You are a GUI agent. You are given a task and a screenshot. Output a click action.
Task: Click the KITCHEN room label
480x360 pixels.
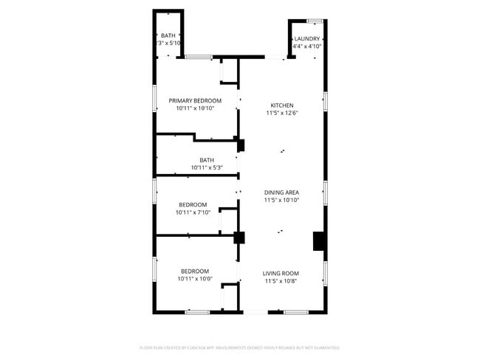tap(281, 105)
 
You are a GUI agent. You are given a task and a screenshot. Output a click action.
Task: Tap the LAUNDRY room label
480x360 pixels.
tap(306, 38)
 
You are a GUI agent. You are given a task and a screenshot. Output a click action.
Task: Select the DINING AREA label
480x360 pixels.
tap(281, 193)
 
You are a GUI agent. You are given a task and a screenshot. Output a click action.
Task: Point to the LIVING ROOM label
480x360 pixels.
tap(281, 273)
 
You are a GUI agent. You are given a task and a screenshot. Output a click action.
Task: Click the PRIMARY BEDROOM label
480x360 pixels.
tap(195, 100)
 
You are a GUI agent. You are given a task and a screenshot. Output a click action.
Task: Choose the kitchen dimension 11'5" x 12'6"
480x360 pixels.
tap(281, 113)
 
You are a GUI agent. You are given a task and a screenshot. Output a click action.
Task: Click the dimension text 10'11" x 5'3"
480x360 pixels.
tap(207, 167)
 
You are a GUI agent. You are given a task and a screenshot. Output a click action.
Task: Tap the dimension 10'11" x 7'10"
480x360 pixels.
tap(193, 212)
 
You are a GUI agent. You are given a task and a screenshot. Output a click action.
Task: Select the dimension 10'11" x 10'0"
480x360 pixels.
tap(195, 279)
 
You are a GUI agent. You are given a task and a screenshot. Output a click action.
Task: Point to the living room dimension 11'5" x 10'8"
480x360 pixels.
tap(281, 281)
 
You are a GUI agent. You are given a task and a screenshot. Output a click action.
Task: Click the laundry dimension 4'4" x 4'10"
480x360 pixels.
tap(306, 46)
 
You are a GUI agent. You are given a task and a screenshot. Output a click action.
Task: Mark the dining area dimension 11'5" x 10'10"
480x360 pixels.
tap(281, 201)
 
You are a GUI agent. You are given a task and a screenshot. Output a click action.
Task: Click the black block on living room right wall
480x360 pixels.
tap(319, 241)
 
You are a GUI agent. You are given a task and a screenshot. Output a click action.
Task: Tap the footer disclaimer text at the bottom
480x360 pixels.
tap(239, 347)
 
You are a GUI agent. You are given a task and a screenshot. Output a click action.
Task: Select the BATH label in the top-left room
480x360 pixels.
tap(168, 35)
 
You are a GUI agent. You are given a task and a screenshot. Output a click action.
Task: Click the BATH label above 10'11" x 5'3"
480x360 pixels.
tap(207, 159)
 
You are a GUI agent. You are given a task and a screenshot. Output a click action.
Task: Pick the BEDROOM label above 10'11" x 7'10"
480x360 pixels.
tap(193, 204)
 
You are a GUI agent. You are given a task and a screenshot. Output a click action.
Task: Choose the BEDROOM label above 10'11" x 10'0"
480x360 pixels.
tap(195, 271)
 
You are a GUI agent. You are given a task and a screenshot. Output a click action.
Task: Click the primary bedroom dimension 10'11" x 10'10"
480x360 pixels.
tap(195, 108)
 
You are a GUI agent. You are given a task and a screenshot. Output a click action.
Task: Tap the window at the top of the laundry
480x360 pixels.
tap(315, 21)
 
